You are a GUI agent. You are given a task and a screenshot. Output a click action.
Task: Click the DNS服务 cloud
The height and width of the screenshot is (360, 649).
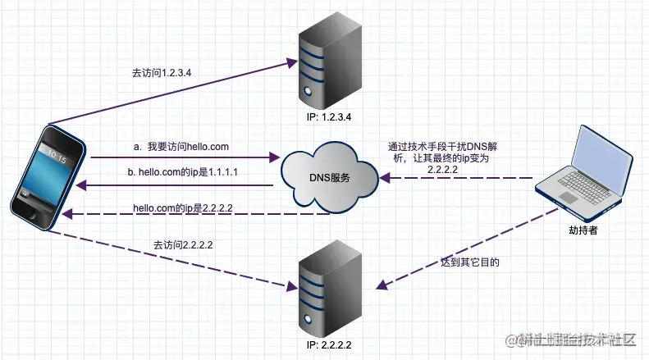[328, 177]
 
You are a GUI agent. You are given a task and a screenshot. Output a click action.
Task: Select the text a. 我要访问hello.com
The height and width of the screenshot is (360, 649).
[181, 146]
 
